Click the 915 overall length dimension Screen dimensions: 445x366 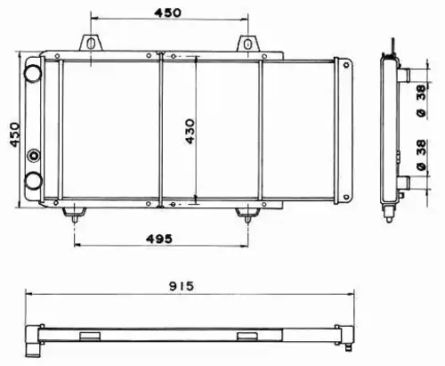pos(182,286)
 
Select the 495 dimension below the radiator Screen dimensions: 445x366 pos(159,239)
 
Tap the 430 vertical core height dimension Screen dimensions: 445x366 pos(190,132)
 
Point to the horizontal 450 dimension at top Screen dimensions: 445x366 pos(167,12)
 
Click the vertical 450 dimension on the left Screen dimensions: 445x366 pos(15,134)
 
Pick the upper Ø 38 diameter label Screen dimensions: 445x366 pos(421,101)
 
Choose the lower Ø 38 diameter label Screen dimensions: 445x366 pos(421,155)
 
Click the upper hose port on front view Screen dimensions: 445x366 pos(33,73)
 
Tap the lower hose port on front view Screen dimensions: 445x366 pos(33,181)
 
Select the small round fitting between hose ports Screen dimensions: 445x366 pos(34,155)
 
